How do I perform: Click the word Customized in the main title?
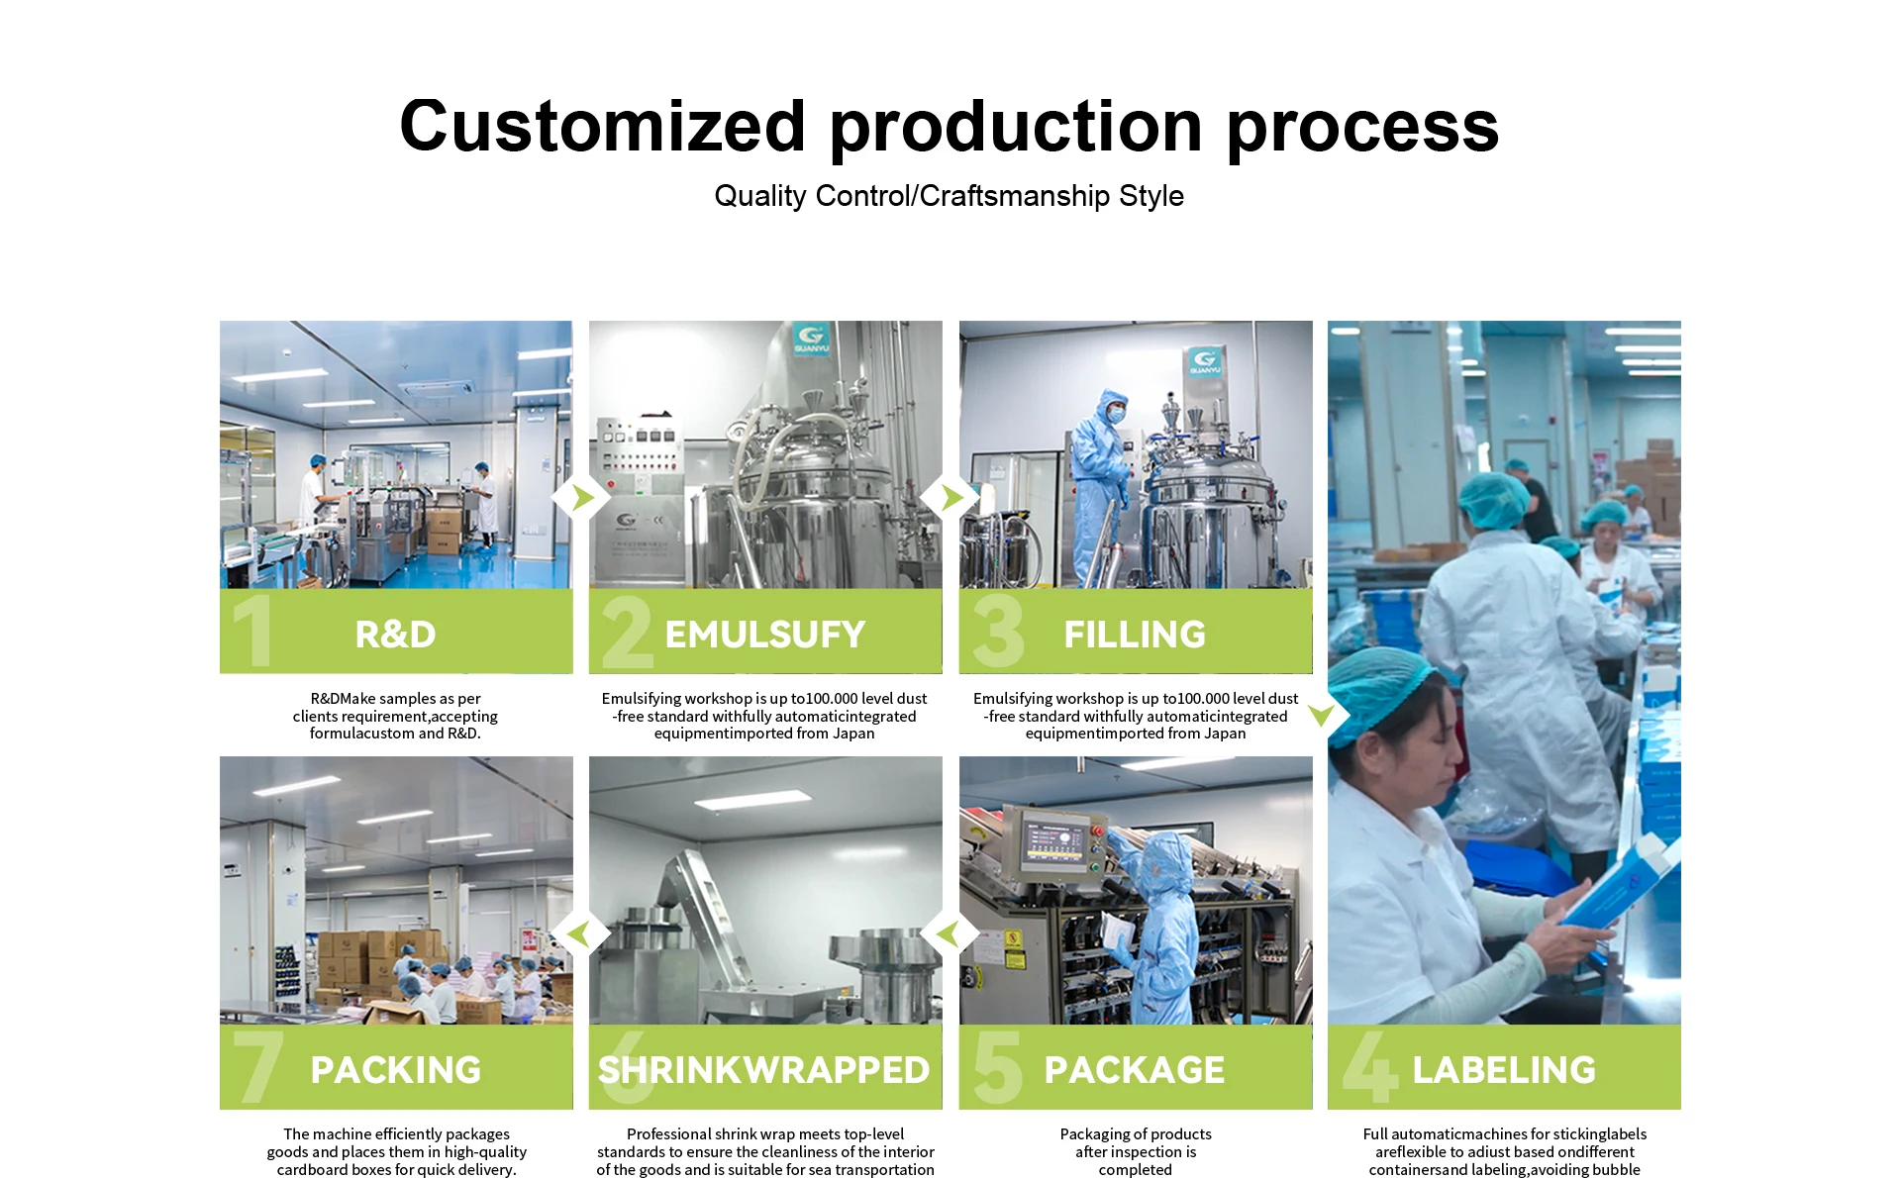[603, 127]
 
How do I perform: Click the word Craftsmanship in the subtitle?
[1015, 196]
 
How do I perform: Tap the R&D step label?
[395, 635]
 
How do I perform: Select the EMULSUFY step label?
[765, 635]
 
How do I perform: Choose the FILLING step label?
[1135, 635]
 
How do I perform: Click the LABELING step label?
[1504, 1070]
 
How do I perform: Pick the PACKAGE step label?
[1135, 1070]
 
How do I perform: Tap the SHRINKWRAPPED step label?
[764, 1070]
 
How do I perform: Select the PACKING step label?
[395, 1070]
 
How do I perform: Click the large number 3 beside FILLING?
[998, 631]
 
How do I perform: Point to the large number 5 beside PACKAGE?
[998, 1067]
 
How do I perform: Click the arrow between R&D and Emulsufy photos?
[582, 497]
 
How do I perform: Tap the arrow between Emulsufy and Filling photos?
[951, 497]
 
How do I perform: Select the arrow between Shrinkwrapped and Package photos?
[949, 933]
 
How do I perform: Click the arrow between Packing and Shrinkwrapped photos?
[579, 933]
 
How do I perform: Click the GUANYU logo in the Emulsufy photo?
[811, 340]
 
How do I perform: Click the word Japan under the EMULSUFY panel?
[853, 734]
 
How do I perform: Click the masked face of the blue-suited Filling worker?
[1116, 413]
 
